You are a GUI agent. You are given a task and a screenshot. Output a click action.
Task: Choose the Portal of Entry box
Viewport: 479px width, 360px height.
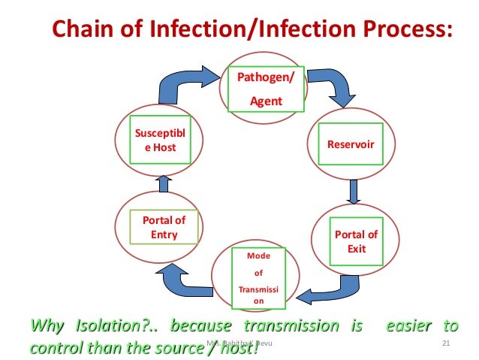pyautogui.click(x=164, y=226)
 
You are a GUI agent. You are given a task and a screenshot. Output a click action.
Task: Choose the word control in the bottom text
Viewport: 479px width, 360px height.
pyautogui.click(x=52, y=346)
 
